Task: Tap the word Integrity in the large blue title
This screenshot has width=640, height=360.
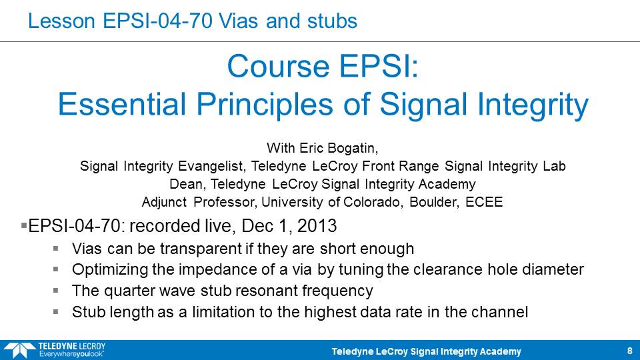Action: pyautogui.click(x=533, y=105)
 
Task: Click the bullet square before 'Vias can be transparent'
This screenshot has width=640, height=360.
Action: pyautogui.click(x=55, y=248)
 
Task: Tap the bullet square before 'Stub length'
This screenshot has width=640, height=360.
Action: pyautogui.click(x=55, y=311)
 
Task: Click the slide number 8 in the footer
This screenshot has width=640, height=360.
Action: pyautogui.click(x=630, y=351)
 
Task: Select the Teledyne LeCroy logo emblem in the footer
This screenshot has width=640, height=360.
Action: pyautogui.click(x=19, y=350)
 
